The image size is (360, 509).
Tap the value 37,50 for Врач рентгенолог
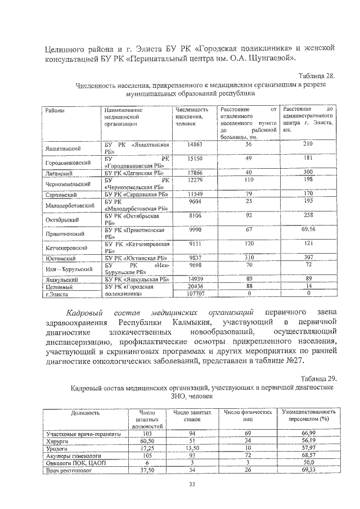[x=147, y=470]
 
